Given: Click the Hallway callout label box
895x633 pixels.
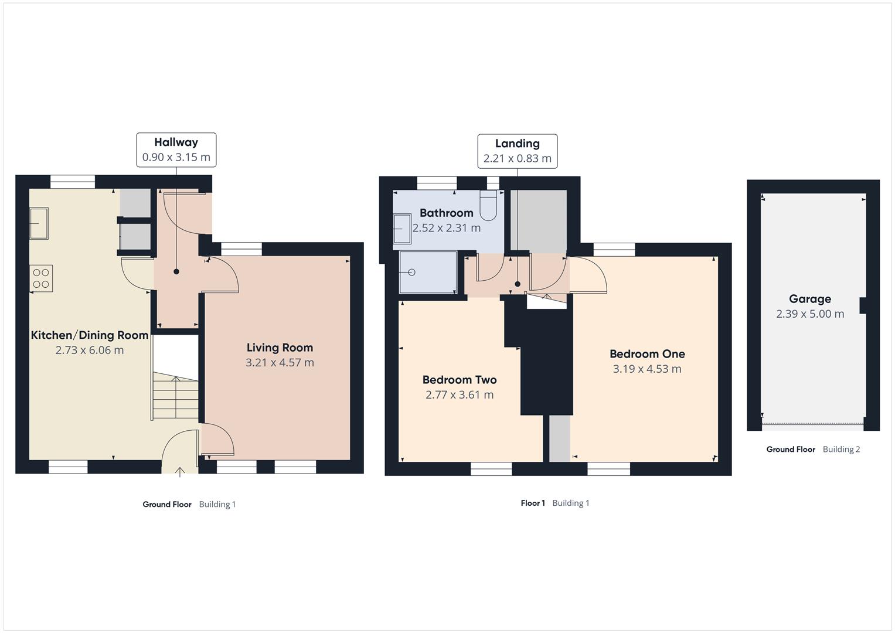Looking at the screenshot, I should [176, 150].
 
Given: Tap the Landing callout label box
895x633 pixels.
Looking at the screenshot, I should [517, 151].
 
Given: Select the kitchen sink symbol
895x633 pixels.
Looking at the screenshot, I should [39, 223].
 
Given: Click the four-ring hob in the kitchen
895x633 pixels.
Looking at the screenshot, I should [41, 278].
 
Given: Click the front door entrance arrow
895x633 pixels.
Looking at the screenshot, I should [180, 471].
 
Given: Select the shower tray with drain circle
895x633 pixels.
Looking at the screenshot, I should [427, 273].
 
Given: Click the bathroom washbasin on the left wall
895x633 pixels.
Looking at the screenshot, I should [402, 228].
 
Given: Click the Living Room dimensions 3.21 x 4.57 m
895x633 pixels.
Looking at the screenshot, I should [280, 363].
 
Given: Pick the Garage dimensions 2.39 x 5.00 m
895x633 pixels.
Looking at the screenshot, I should [810, 314].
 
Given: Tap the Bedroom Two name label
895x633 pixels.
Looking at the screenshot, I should [460, 380].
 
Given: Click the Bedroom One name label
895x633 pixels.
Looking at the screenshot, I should [647, 354].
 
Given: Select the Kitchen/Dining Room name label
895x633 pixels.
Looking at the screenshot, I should [89, 335].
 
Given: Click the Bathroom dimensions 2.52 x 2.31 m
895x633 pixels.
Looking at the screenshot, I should [447, 228].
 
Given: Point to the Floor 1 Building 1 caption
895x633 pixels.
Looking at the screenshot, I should [554, 503].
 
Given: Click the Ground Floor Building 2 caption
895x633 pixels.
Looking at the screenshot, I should [813, 450].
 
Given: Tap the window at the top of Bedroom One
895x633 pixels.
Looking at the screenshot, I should [614, 250].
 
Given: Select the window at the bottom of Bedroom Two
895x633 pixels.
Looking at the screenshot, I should [491, 468].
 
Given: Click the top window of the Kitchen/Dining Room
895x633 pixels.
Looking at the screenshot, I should [72, 182].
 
